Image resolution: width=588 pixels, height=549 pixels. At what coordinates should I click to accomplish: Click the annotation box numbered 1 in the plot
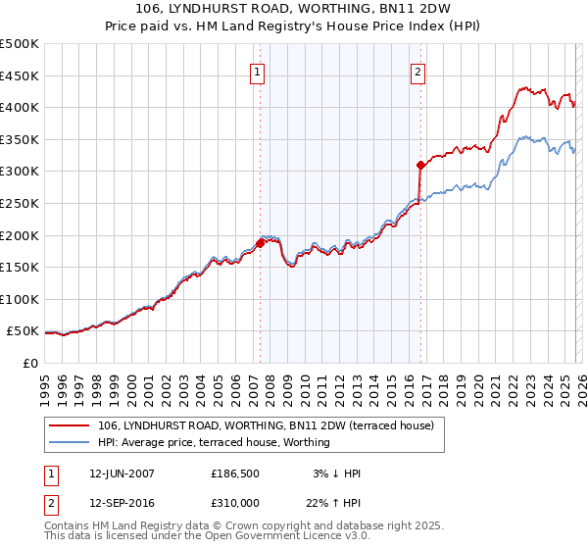(257, 72)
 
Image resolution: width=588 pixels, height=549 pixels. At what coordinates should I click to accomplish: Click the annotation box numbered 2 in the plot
(418, 72)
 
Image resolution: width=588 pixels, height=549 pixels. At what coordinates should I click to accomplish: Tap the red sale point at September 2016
(420, 165)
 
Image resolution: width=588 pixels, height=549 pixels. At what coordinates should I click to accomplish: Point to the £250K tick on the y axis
(20, 203)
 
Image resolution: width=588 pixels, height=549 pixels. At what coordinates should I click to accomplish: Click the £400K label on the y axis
(20, 107)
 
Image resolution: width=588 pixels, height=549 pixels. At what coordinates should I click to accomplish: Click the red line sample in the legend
(71, 425)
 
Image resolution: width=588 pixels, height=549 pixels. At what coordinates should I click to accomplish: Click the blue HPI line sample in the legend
(71, 442)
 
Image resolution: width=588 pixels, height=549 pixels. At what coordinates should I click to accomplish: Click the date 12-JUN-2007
(122, 474)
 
